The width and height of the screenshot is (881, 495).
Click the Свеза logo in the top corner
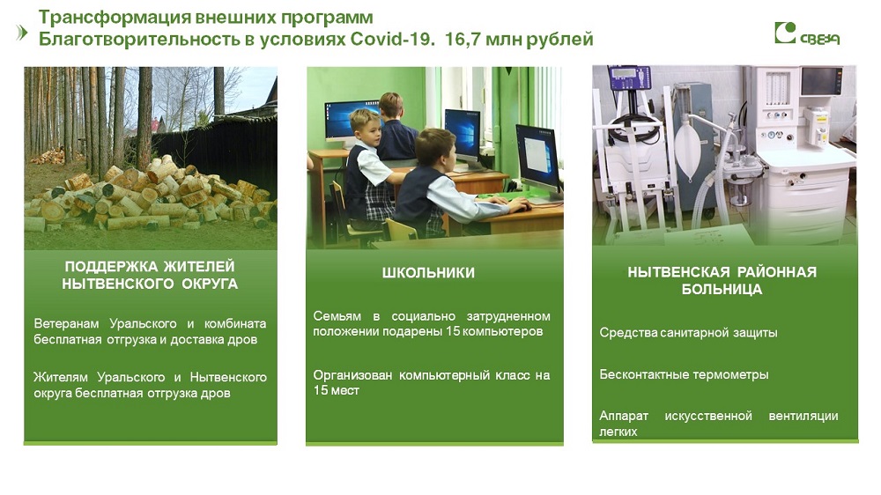[x=807, y=33]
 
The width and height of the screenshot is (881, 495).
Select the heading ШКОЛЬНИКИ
[x=428, y=272]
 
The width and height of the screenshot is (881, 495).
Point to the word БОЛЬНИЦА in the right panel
[x=722, y=290]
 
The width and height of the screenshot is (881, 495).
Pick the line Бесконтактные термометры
[x=684, y=374]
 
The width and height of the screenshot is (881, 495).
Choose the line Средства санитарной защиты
[x=688, y=333]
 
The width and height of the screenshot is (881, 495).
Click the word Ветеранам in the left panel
[x=66, y=323]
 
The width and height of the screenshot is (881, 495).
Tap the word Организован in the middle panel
[x=352, y=374]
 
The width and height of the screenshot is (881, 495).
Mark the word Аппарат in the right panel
[x=624, y=416]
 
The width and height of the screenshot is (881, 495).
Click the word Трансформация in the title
[x=113, y=18]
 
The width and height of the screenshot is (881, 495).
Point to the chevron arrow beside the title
[x=23, y=33]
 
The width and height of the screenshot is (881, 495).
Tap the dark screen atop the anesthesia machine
[x=821, y=81]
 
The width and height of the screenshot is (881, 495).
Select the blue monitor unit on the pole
[x=631, y=78]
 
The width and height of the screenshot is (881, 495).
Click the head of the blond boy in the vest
[x=365, y=126]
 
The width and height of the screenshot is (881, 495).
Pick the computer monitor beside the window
[x=538, y=159]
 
